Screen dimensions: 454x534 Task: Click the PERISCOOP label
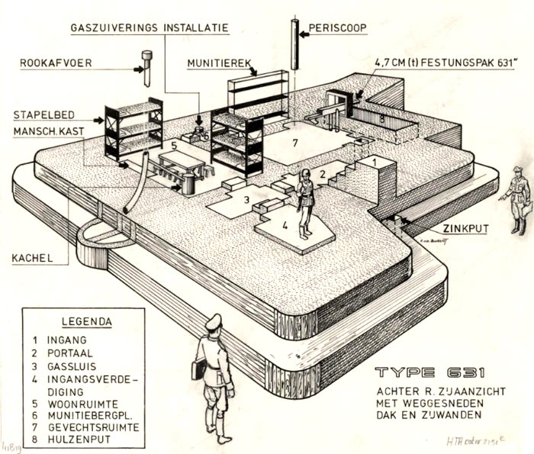click(339, 29)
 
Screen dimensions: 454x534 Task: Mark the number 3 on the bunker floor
click(246, 200)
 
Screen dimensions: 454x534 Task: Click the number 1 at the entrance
click(375, 163)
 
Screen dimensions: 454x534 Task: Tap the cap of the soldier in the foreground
click(214, 320)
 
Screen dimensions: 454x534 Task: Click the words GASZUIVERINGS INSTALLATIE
click(150, 28)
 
